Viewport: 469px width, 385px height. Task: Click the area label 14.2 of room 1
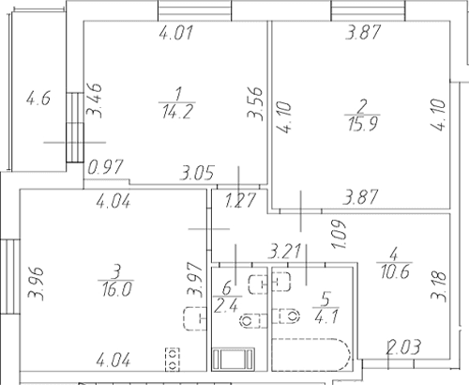click(177, 112)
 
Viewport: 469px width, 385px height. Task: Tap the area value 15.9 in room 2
click(363, 124)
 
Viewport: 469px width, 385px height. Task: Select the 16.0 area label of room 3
click(116, 289)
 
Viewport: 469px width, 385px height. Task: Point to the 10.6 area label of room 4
click(395, 271)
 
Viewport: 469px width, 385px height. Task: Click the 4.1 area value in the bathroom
click(326, 316)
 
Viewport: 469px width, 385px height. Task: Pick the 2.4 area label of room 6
click(226, 305)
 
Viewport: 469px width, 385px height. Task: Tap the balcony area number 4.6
click(38, 98)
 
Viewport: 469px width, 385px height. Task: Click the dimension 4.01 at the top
click(176, 33)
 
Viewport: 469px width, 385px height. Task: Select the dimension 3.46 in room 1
click(94, 100)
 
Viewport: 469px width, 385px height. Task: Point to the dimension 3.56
click(255, 103)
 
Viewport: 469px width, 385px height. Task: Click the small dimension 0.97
click(106, 167)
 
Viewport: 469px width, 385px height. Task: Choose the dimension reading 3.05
click(197, 173)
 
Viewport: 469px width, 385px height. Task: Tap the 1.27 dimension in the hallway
click(240, 200)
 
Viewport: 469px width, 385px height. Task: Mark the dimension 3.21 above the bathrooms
click(284, 252)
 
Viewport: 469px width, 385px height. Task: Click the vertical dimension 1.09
click(339, 234)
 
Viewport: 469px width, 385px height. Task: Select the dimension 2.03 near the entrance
click(403, 347)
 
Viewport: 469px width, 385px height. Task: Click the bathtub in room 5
click(311, 355)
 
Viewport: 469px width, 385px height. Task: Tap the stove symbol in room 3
click(173, 360)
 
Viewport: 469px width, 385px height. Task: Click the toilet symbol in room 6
click(250, 321)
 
